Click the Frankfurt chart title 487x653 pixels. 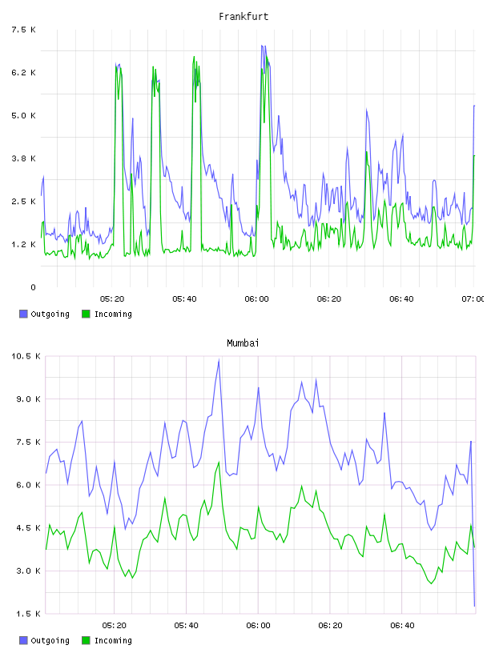click(x=243, y=17)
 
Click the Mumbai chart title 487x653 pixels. click(x=243, y=343)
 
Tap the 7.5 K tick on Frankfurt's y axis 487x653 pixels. click(x=23, y=30)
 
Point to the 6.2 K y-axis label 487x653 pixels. click(x=23, y=73)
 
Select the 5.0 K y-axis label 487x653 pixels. click(x=23, y=115)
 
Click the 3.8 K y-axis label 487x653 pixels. click(x=23, y=158)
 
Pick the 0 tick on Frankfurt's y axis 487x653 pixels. click(x=33, y=287)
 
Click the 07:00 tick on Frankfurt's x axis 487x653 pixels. click(x=473, y=298)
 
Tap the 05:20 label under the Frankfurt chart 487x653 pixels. click(x=112, y=298)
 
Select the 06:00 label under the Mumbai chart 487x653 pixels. click(x=258, y=625)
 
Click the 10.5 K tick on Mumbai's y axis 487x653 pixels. click(x=26, y=356)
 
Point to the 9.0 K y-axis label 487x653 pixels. click(x=28, y=399)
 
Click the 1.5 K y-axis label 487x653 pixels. click(x=28, y=614)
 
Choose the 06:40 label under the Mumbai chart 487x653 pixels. click(x=402, y=625)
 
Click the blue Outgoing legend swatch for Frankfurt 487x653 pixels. click(x=23, y=314)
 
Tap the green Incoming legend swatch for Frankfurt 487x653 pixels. click(x=86, y=314)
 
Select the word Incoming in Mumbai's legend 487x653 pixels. click(x=113, y=640)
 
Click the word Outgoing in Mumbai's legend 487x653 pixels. click(x=50, y=640)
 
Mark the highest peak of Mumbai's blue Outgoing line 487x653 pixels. click(x=219, y=360)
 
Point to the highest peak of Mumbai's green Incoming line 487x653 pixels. click(x=219, y=462)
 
